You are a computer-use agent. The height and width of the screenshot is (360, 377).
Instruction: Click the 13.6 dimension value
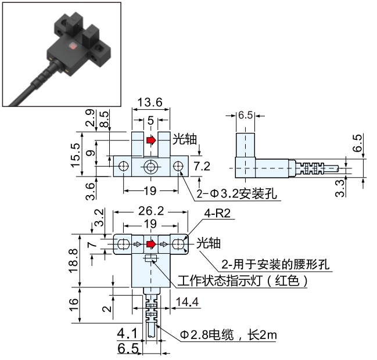pos(150,102)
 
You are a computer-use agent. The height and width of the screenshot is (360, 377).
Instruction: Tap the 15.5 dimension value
pos(76,155)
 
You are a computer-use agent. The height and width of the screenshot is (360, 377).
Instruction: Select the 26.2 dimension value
pos(151,211)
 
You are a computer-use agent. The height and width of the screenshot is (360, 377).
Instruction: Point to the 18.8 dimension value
pos(74,261)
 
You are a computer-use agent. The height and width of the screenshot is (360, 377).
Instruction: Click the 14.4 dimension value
pos(187,302)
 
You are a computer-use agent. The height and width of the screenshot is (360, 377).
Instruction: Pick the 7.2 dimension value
pos(202,166)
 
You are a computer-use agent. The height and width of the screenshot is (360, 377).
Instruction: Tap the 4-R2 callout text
pos(217,213)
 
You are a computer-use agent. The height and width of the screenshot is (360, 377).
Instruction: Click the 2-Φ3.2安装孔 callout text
pos(236,193)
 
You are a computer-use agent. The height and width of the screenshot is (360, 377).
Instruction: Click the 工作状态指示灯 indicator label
pos(219,280)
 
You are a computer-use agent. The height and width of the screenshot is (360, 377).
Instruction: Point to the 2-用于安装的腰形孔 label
pos(275,264)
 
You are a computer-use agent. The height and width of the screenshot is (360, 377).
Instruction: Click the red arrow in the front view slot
pos(151,140)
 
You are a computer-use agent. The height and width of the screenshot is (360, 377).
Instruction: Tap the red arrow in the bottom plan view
pos(151,244)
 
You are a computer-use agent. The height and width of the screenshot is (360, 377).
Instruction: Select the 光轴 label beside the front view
pos(185,139)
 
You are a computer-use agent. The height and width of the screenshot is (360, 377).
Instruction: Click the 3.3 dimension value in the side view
pos(340,189)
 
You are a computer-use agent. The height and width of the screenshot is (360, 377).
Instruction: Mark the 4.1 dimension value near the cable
pos(127,333)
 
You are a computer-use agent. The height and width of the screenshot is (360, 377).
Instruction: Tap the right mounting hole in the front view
pos(178,166)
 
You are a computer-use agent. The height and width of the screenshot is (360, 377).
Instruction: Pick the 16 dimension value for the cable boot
pos(74,305)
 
